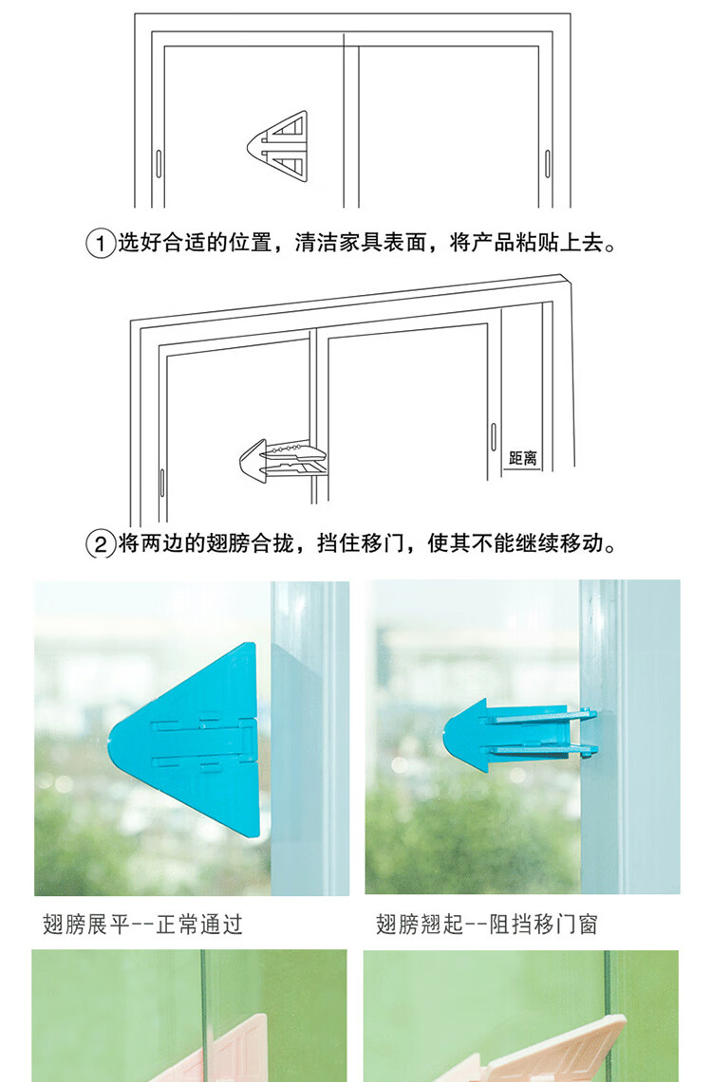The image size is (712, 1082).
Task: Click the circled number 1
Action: (x=100, y=244)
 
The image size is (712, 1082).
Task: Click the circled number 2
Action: (x=100, y=544)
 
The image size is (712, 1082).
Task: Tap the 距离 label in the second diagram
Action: (x=523, y=457)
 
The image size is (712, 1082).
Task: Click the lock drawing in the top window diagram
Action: (x=277, y=146)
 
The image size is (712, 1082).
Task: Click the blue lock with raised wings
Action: (x=519, y=735)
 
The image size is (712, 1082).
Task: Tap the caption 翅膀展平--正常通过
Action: (x=142, y=924)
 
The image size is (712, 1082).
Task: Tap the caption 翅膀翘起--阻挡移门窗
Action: (x=487, y=924)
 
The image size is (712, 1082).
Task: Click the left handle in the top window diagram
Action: (x=159, y=163)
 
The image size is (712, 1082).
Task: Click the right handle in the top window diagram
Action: (x=548, y=163)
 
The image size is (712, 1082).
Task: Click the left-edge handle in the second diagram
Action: (x=162, y=483)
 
